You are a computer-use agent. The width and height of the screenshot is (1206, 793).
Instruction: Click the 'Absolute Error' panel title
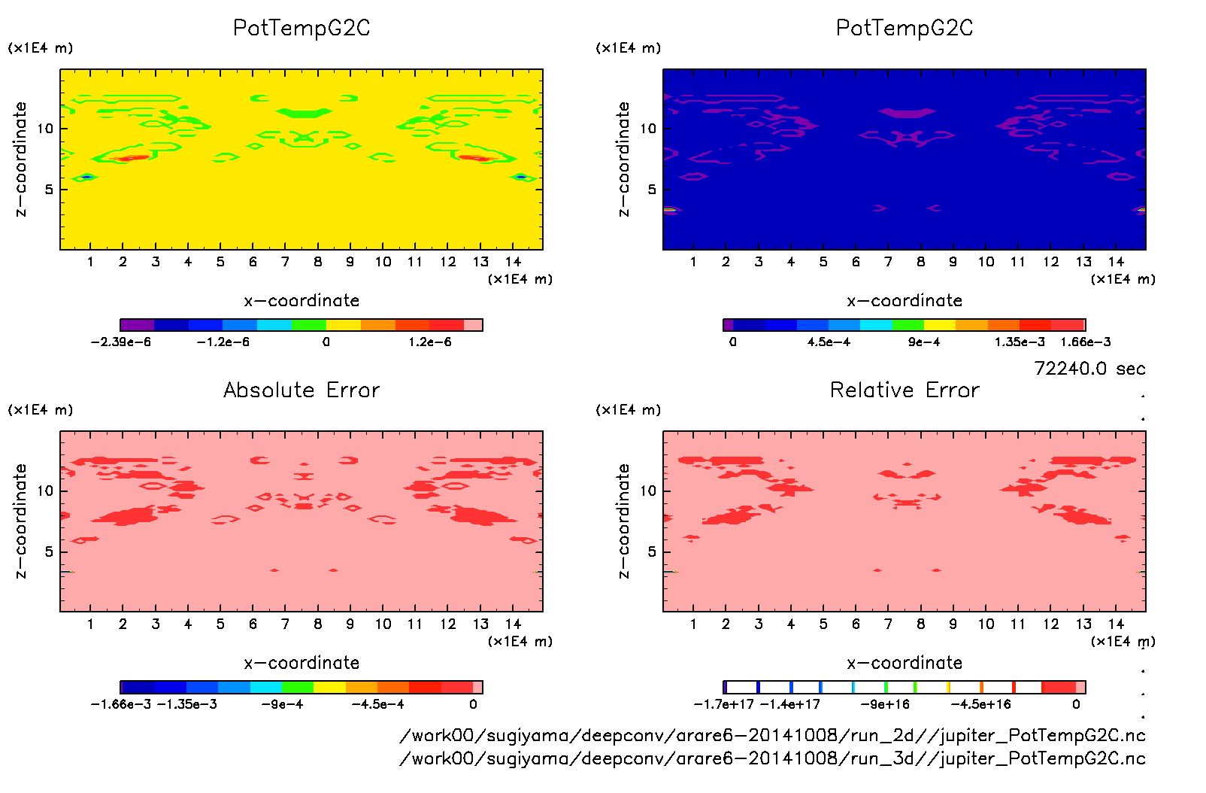point(301,390)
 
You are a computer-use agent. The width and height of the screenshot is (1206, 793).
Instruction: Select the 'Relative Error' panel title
point(904,390)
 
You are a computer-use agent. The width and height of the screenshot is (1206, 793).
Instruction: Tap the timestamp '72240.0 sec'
point(1089,369)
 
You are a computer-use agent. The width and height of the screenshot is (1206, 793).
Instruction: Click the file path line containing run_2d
point(772,735)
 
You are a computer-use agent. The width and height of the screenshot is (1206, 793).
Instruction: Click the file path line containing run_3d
point(772,758)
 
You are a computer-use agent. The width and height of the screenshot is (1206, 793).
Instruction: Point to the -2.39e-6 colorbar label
point(120,342)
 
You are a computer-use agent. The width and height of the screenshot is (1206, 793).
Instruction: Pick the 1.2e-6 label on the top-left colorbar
point(430,342)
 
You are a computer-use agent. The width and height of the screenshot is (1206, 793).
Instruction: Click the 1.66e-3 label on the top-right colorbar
point(1085,342)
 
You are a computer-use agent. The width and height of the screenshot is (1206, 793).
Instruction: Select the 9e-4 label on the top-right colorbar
point(924,342)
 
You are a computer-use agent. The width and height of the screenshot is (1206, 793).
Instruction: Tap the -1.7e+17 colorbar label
point(723,705)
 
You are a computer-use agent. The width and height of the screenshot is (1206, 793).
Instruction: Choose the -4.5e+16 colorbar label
point(980,705)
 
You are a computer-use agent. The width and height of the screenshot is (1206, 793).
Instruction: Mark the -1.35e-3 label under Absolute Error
point(186,705)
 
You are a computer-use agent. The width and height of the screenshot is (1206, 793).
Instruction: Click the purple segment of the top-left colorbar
point(137,325)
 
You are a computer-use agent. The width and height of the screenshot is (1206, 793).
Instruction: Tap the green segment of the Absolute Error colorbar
point(298,687)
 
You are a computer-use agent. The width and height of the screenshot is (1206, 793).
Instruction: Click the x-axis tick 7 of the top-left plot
point(285,262)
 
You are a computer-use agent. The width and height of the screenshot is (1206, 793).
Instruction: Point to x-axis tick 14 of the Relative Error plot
point(1116,624)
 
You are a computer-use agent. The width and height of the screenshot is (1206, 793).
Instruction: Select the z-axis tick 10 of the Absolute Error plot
point(46,491)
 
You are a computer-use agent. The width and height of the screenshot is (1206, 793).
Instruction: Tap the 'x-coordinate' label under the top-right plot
point(904,301)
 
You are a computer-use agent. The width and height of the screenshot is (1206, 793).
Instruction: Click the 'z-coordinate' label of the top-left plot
point(20,160)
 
